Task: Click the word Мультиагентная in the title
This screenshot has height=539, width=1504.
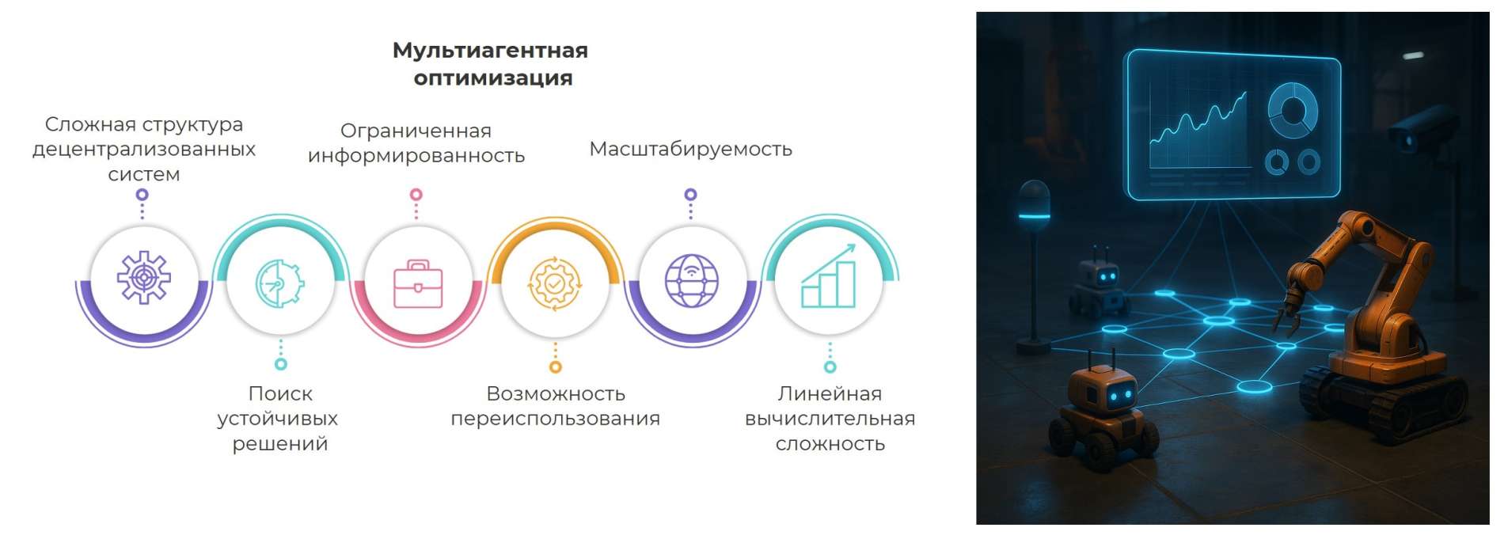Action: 490,51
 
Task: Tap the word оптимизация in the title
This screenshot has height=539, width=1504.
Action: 492,78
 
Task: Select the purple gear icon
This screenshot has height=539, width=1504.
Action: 143,277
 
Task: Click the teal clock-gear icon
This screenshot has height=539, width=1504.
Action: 279,283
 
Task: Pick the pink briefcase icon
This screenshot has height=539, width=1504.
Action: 418,283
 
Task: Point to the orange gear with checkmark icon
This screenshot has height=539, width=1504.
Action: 555,283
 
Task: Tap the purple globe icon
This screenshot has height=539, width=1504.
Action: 692,280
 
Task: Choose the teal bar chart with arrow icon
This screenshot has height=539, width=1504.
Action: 829,275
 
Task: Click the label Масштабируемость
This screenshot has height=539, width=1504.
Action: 690,149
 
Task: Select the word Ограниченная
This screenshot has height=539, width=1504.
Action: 416,131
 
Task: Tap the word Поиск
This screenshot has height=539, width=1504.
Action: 280,393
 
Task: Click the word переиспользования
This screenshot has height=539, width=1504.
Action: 555,419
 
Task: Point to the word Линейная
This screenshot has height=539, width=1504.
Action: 830,393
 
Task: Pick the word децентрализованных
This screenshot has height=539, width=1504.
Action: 144,150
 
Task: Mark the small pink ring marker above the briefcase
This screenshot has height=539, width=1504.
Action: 416,195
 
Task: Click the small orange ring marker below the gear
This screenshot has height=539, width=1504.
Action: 556,367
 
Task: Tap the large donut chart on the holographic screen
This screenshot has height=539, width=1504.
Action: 1293,109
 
